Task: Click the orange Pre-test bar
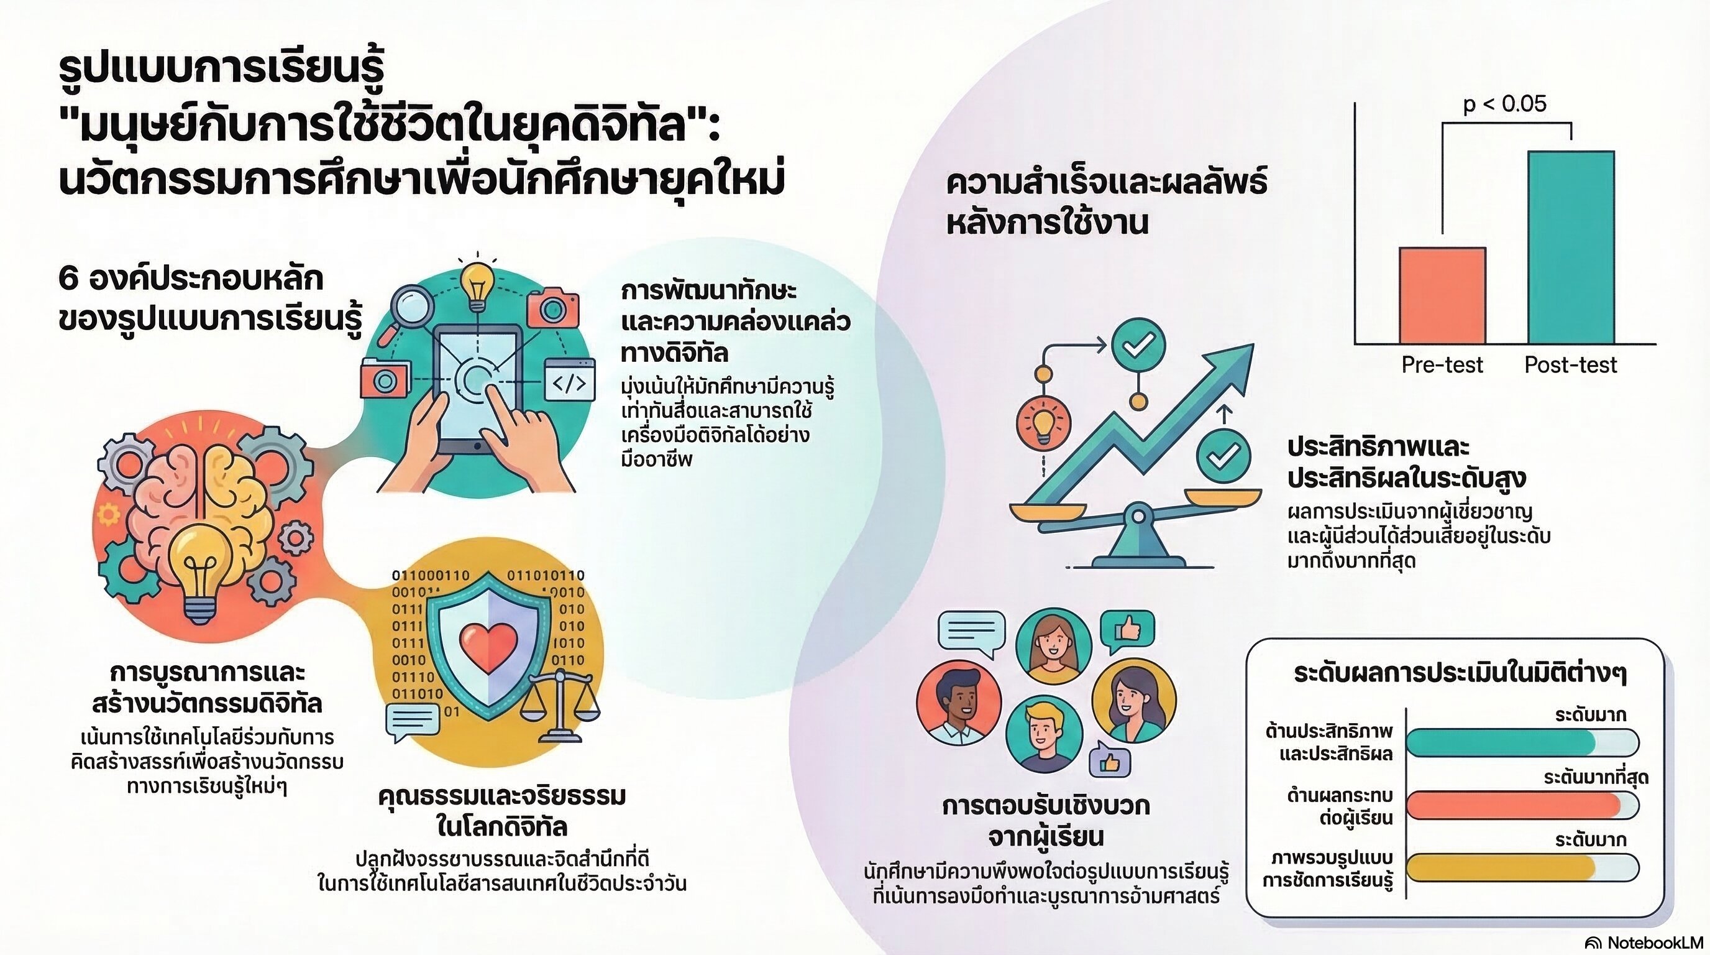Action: point(1442,295)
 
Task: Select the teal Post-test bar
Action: point(1571,247)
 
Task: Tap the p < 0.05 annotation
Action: point(1505,104)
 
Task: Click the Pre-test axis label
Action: point(1442,364)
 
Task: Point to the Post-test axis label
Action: point(1571,364)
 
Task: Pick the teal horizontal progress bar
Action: point(1500,742)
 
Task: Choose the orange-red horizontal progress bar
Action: point(1514,805)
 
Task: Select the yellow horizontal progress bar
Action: point(1500,867)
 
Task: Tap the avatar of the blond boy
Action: point(1043,734)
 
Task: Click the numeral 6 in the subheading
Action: point(68,279)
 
